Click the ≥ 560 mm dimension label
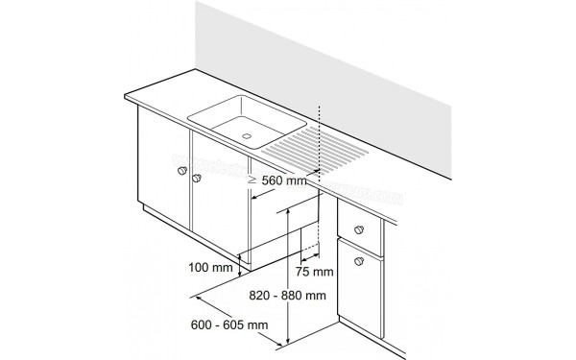click(276, 179)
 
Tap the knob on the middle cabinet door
click(197, 179)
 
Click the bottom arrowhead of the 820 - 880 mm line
click(289, 341)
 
